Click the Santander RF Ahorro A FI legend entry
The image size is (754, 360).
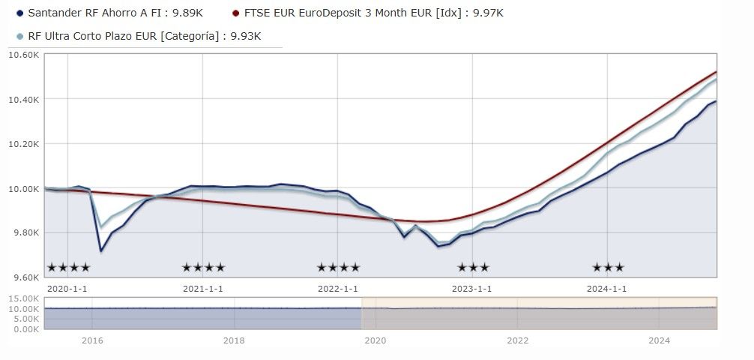tap(109, 13)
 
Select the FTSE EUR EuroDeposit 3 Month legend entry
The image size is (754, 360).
tap(368, 13)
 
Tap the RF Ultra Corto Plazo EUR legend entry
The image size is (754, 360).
tap(139, 36)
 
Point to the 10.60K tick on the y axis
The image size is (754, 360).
tap(23, 55)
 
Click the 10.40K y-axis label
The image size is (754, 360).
tap(23, 100)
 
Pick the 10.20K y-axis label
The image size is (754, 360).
tap(23, 144)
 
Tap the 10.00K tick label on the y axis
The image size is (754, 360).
tap(23, 189)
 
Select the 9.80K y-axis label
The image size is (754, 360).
tap(25, 233)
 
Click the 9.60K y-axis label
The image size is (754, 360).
tap(25, 277)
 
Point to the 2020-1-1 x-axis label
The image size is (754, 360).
tap(67, 289)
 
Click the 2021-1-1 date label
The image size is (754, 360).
tap(202, 289)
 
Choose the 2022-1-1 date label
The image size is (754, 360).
tap(337, 289)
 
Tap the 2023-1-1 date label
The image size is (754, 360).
tap(472, 289)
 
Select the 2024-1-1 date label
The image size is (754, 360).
tap(607, 289)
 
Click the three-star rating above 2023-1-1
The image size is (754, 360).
tap(473, 267)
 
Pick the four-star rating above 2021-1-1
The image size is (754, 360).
tap(203, 267)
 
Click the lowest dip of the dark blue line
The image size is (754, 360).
tap(101, 250)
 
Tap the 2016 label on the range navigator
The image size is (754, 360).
tap(92, 340)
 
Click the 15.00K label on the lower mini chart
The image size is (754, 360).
tap(23, 298)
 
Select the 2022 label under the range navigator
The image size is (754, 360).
tap(517, 340)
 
